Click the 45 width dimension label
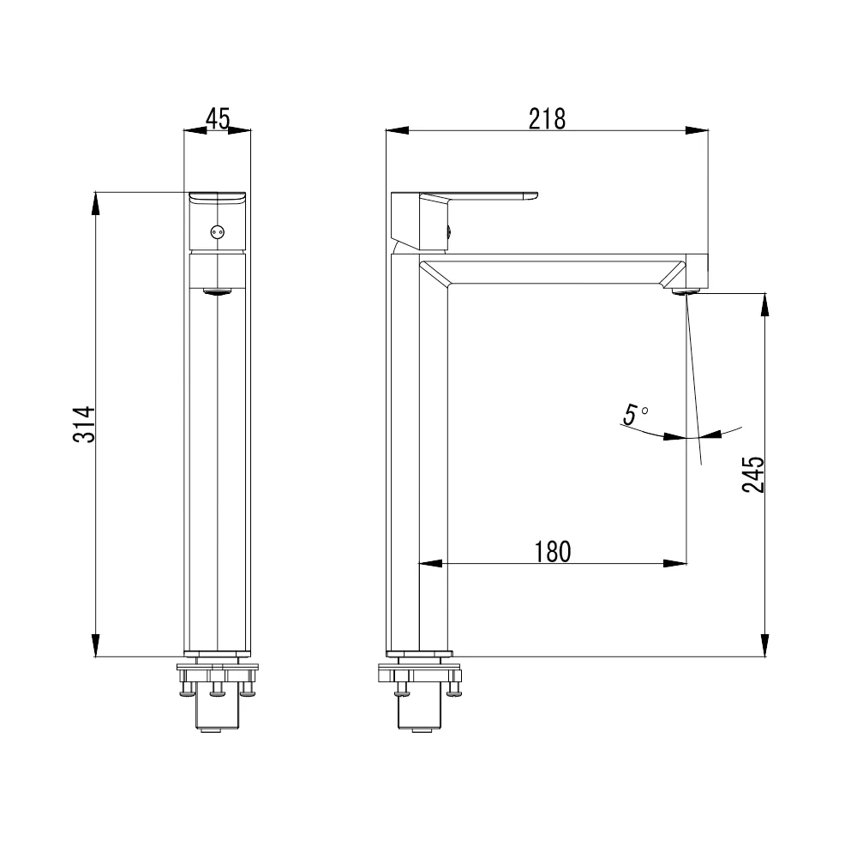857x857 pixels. point(218,118)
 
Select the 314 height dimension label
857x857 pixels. point(84,425)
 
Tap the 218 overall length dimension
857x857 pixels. point(547,118)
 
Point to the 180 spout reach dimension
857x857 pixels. point(552,551)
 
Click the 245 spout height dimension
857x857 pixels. point(753,475)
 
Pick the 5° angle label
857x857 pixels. point(636,414)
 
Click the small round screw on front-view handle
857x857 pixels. point(218,232)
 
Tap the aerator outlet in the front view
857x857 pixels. point(218,291)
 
